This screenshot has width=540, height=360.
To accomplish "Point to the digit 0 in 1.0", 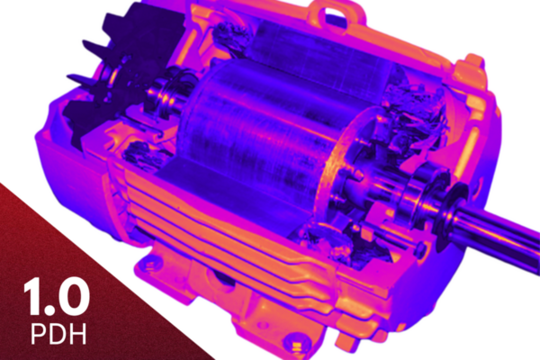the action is click(x=73, y=297).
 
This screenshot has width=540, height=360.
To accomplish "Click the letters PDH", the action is click(x=58, y=333).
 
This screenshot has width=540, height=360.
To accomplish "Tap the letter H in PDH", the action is click(x=77, y=333).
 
